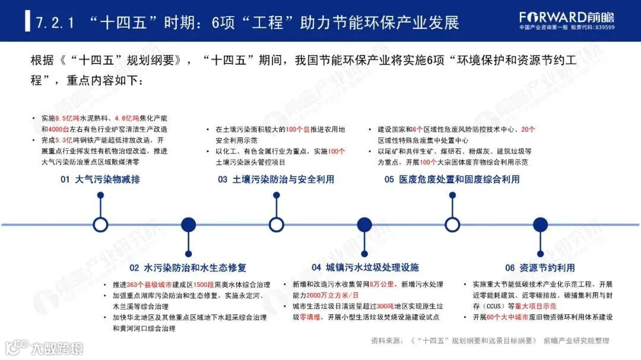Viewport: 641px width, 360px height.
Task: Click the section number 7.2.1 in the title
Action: (55, 23)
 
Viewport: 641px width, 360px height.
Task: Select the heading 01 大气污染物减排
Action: (100, 179)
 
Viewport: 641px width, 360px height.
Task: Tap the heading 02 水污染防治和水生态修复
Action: (188, 267)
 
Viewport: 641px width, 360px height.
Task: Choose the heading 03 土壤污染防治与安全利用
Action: (275, 179)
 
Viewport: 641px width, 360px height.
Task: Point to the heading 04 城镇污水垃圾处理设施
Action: (365, 267)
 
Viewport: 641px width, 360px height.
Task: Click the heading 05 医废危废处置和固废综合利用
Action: (452, 179)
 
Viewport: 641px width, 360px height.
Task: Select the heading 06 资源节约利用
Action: (540, 267)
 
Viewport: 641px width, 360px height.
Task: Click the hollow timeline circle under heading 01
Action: (101, 224)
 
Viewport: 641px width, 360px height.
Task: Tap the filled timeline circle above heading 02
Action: (188, 224)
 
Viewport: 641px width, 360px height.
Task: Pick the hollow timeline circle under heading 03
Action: (276, 224)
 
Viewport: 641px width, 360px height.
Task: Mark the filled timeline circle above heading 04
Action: (364, 224)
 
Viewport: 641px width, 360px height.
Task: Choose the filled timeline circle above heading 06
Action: (540, 224)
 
